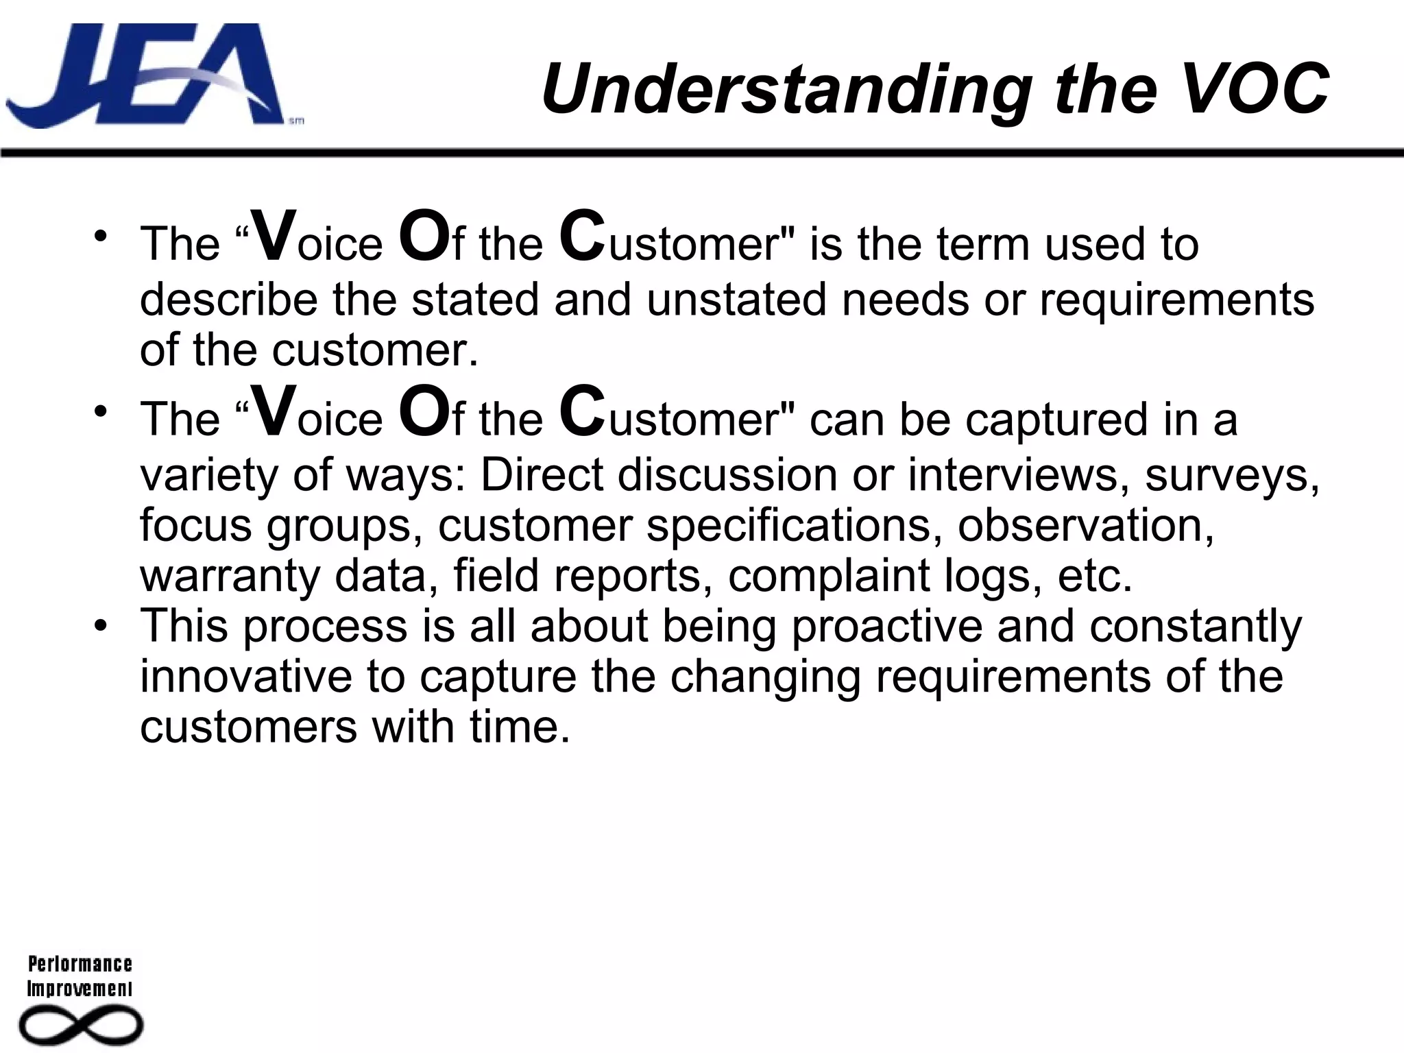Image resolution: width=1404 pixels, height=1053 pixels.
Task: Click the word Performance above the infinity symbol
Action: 80,964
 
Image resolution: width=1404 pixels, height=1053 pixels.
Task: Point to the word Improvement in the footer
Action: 80,989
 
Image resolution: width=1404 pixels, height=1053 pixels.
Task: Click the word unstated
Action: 736,300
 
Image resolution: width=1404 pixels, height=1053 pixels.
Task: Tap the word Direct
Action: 542,474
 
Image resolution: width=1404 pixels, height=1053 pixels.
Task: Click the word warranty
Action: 230,576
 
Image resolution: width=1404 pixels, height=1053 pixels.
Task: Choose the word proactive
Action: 887,627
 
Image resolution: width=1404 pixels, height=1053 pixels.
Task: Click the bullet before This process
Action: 101,627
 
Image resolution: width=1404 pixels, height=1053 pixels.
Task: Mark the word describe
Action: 229,300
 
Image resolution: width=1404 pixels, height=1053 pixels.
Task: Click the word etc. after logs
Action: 1095,576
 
